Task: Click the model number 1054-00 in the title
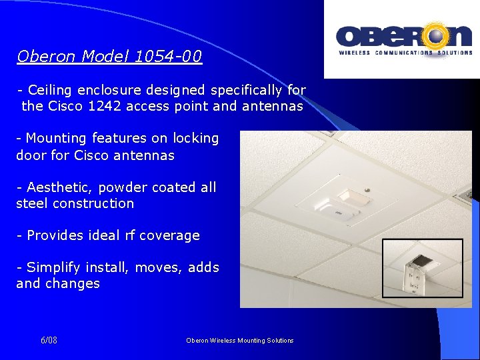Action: [x=168, y=57]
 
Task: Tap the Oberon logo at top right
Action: [x=404, y=39]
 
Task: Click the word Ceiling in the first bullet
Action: [x=51, y=90]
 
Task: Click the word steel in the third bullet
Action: [x=33, y=203]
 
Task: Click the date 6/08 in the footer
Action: [x=49, y=341]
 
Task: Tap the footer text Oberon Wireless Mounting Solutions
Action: [x=239, y=341]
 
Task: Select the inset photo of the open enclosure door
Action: [x=421, y=268]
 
